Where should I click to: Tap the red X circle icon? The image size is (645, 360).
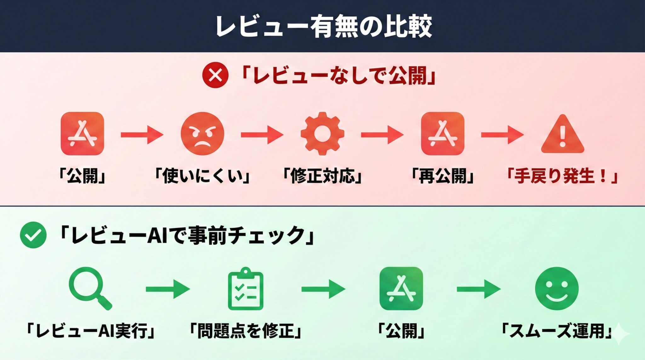pyautogui.click(x=215, y=75)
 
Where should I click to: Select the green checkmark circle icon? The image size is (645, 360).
pyautogui.click(x=33, y=235)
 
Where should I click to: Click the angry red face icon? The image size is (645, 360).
pyautogui.click(x=203, y=134)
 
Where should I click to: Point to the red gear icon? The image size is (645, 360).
pyautogui.click(x=322, y=134)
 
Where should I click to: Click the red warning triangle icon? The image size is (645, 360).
pyautogui.click(x=562, y=135)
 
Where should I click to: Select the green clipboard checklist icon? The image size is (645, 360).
pyautogui.click(x=245, y=289)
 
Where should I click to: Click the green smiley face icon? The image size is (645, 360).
pyautogui.click(x=557, y=289)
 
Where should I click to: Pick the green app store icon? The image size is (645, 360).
pyautogui.click(x=401, y=289)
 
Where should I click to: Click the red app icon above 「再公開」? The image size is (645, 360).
pyautogui.click(x=442, y=134)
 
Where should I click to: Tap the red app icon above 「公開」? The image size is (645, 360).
pyautogui.click(x=82, y=134)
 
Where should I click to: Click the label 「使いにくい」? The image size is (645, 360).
pyautogui.click(x=203, y=176)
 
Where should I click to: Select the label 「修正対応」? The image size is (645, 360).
pyautogui.click(x=322, y=176)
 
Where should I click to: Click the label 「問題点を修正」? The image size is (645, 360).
pyautogui.click(x=245, y=331)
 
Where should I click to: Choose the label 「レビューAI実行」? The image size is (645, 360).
pyautogui.click(x=90, y=331)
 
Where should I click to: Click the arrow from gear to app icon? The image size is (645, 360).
pyautogui.click(x=382, y=135)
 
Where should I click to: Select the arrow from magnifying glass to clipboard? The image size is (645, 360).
pyautogui.click(x=168, y=289)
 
